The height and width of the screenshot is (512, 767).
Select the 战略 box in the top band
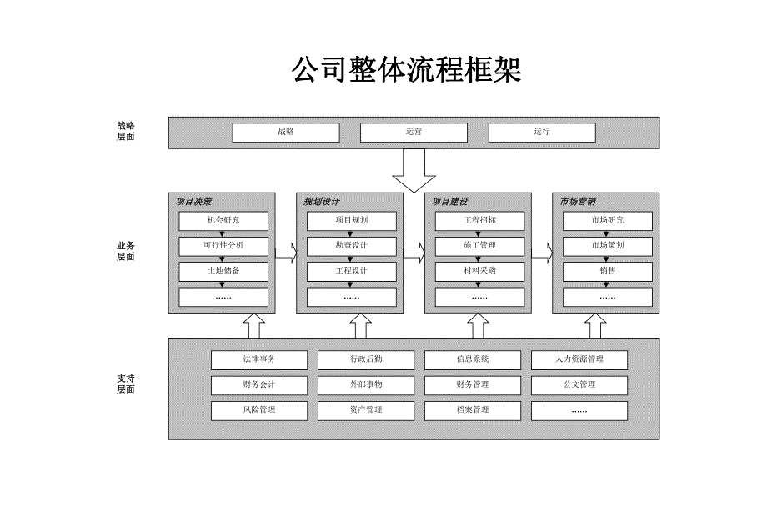pyautogui.click(x=285, y=133)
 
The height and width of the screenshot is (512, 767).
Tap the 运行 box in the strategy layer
pyautogui.click(x=541, y=133)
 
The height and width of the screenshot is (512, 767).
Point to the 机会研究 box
pyautogui.click(x=223, y=221)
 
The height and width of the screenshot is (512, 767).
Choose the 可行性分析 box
pyautogui.click(x=223, y=246)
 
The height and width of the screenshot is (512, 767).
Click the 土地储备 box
pyautogui.click(x=223, y=271)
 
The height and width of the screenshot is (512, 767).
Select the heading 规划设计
pyautogui.click(x=322, y=202)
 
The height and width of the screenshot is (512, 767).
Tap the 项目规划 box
pyautogui.click(x=351, y=221)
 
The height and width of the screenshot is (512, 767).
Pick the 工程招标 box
pyautogui.click(x=479, y=221)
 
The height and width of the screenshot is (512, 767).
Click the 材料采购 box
pyautogui.click(x=479, y=271)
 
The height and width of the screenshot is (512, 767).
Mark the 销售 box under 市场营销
pyautogui.click(x=608, y=271)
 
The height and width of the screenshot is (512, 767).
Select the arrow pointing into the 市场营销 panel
pyautogui.click(x=542, y=253)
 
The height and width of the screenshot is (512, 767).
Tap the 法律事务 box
pyautogui.click(x=258, y=359)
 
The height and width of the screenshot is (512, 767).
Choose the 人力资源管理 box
pyautogui.click(x=579, y=359)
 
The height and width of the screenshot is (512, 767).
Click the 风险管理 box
pyautogui.click(x=258, y=410)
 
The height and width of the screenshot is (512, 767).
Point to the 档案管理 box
pyautogui.click(x=473, y=410)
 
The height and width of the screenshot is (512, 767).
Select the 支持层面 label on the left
pyautogui.click(x=126, y=384)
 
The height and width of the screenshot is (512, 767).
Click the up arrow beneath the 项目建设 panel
pyautogui.click(x=478, y=325)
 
